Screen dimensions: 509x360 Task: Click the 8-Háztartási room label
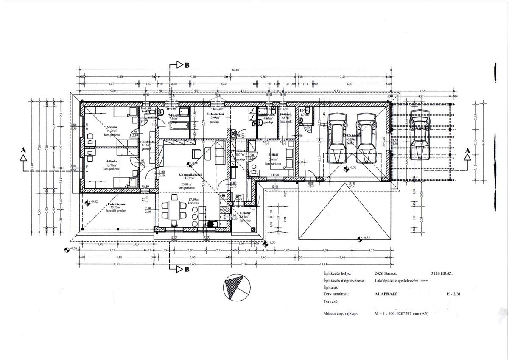pyautogui.click(x=216, y=114)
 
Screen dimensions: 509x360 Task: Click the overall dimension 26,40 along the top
pyautogui.click(x=235, y=70)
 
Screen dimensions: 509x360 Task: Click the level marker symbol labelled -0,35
pyautogui.click(x=359, y=238)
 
